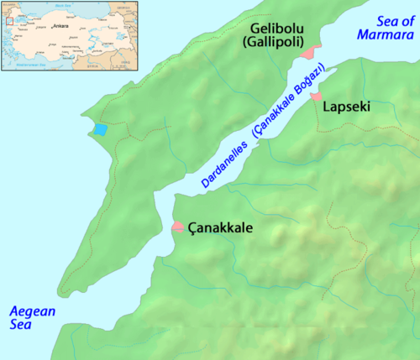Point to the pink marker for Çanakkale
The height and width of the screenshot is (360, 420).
click(178, 227)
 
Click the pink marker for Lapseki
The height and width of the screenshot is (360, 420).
click(317, 97)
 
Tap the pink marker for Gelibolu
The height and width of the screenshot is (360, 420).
click(312, 52)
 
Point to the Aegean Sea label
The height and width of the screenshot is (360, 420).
click(32, 318)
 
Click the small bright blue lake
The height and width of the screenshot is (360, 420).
click(100, 130)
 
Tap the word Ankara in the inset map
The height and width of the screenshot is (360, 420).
click(60, 26)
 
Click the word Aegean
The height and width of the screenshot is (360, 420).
click(32, 311)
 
